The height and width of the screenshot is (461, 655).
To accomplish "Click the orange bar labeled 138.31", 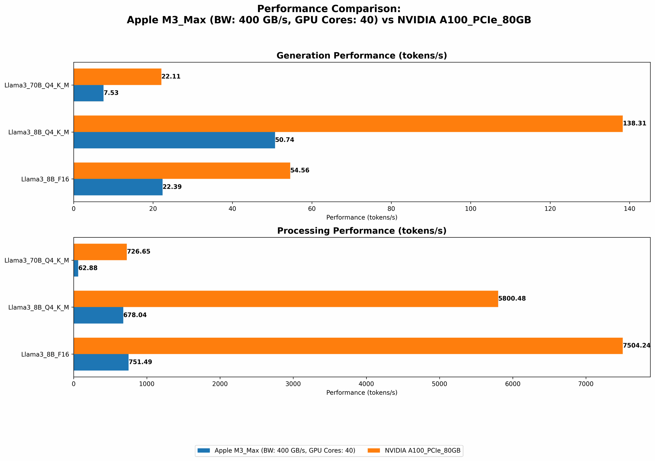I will (348, 124).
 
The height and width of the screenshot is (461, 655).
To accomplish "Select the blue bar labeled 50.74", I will (174, 140).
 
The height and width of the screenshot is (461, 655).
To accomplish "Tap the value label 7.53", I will (111, 93).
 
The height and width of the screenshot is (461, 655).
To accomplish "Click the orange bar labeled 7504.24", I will (348, 346).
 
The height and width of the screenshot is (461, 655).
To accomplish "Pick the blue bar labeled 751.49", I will (101, 362).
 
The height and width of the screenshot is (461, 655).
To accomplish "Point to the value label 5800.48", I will (512, 299).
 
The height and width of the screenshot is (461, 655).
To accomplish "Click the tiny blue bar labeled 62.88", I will (76, 268).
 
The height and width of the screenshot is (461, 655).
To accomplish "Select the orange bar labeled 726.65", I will (100, 252).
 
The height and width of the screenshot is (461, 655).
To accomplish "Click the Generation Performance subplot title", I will (362, 56).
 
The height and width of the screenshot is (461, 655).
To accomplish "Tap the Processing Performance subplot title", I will (362, 231).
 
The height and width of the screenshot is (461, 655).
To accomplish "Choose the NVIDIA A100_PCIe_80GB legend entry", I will (422, 451).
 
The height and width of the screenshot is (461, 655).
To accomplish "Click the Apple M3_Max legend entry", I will (285, 451).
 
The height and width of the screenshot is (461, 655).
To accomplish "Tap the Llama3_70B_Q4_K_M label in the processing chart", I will (37, 260).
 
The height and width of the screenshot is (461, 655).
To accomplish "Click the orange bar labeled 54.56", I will (182, 170).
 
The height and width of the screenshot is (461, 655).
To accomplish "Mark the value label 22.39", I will (172, 187).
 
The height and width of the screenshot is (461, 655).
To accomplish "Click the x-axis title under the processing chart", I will (362, 392).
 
